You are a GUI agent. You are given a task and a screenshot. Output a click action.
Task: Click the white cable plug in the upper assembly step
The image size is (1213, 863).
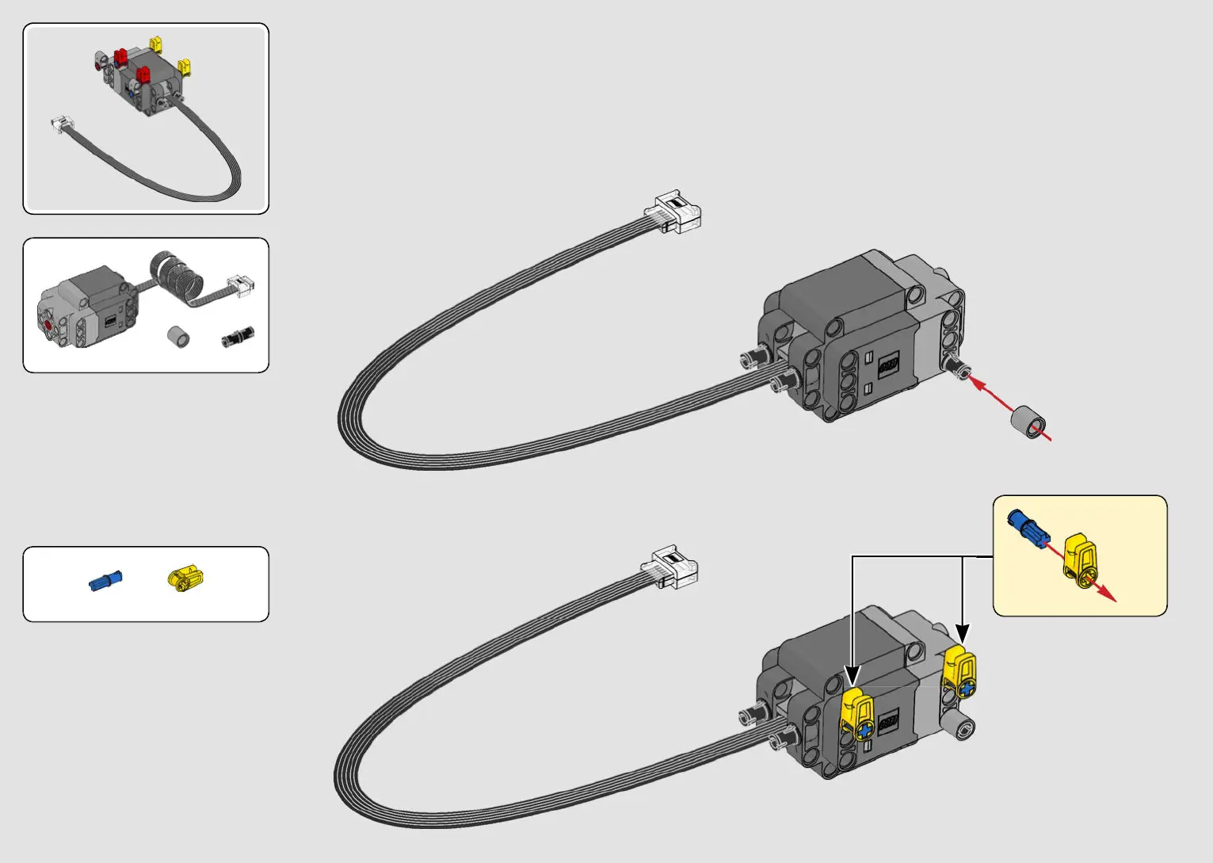[x=673, y=212]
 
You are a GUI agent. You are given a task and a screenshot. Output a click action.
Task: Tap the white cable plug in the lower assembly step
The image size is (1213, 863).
[x=670, y=567]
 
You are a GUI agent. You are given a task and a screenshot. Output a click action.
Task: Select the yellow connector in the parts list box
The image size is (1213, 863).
[x=185, y=578]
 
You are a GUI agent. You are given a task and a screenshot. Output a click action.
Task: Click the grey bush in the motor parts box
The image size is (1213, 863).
[x=179, y=336]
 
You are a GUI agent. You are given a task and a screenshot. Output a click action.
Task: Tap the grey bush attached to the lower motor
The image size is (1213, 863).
[x=963, y=726]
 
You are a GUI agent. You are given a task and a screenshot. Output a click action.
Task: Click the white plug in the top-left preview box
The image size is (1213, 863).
[x=62, y=124]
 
